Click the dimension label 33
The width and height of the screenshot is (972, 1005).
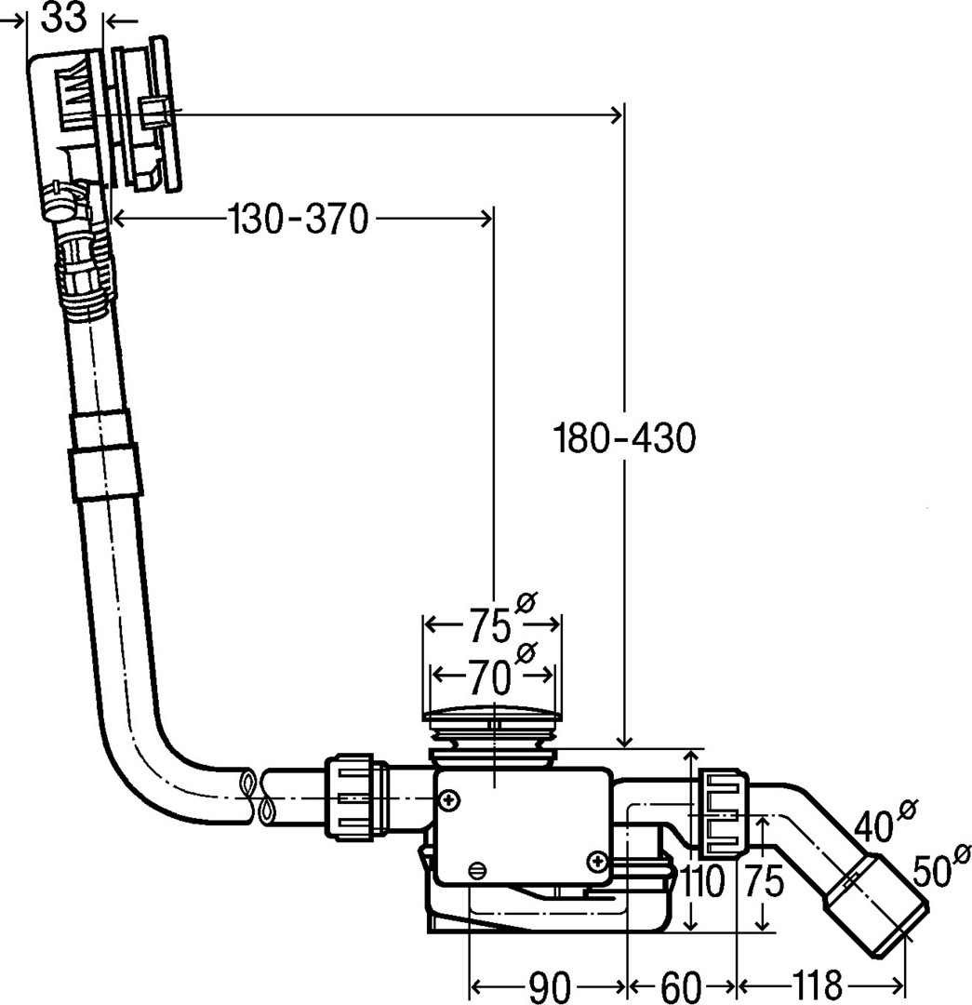click(64, 18)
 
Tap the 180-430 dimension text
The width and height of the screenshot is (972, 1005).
click(624, 437)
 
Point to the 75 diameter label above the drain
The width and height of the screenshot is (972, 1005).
click(489, 624)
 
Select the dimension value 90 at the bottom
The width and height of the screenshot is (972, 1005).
click(548, 985)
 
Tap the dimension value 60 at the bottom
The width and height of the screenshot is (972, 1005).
click(683, 985)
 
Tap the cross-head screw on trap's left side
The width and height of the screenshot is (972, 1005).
click(451, 799)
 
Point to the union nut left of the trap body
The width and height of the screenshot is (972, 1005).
click(354, 798)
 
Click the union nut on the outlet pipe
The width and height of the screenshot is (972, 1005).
click(723, 811)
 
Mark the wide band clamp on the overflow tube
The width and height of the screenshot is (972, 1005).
click(104, 471)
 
